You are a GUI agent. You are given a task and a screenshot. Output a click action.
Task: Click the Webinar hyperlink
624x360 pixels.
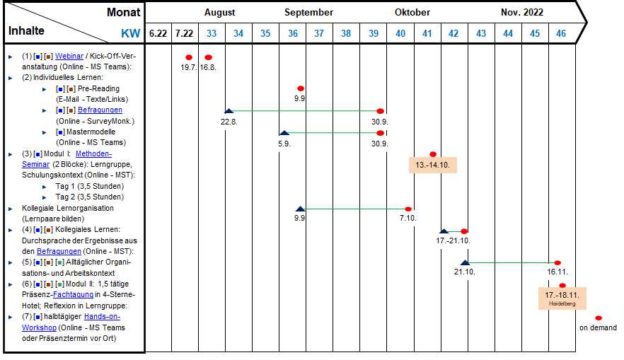[69, 56]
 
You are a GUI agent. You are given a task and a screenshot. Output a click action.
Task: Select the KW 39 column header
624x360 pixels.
[374, 33]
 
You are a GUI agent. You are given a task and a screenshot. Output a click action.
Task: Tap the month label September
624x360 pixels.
[308, 12]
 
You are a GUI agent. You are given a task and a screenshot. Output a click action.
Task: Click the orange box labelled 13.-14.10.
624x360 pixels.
[432, 165]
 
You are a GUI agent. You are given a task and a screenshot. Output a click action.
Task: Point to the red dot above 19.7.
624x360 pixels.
[189, 58]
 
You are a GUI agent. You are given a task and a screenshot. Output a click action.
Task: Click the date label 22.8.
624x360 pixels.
[229, 122]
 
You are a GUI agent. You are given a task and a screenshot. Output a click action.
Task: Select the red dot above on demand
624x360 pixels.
[598, 318]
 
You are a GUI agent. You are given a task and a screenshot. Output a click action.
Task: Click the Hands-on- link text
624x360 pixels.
[103, 317]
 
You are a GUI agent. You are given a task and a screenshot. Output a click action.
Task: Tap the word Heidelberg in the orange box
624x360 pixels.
[562, 303]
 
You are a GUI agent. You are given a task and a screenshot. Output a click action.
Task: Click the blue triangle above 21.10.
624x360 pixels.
[465, 262]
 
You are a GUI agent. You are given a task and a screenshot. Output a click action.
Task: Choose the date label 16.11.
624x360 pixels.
[557, 272]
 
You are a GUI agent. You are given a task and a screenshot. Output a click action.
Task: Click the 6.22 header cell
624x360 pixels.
[158, 33]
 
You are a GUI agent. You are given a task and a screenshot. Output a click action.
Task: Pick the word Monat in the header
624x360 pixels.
[123, 12]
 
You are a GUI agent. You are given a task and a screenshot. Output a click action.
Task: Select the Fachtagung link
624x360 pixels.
[74, 295]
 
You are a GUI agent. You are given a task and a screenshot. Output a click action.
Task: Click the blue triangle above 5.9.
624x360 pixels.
[284, 133]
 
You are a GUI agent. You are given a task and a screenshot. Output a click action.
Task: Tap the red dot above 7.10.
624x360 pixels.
[408, 209]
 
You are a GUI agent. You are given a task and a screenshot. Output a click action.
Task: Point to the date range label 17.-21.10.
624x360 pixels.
[453, 240]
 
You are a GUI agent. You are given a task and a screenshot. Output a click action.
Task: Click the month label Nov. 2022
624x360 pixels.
[522, 12]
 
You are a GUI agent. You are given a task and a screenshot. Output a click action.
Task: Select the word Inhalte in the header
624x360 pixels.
[26, 30]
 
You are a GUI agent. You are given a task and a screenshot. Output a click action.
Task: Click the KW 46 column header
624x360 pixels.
[561, 33]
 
